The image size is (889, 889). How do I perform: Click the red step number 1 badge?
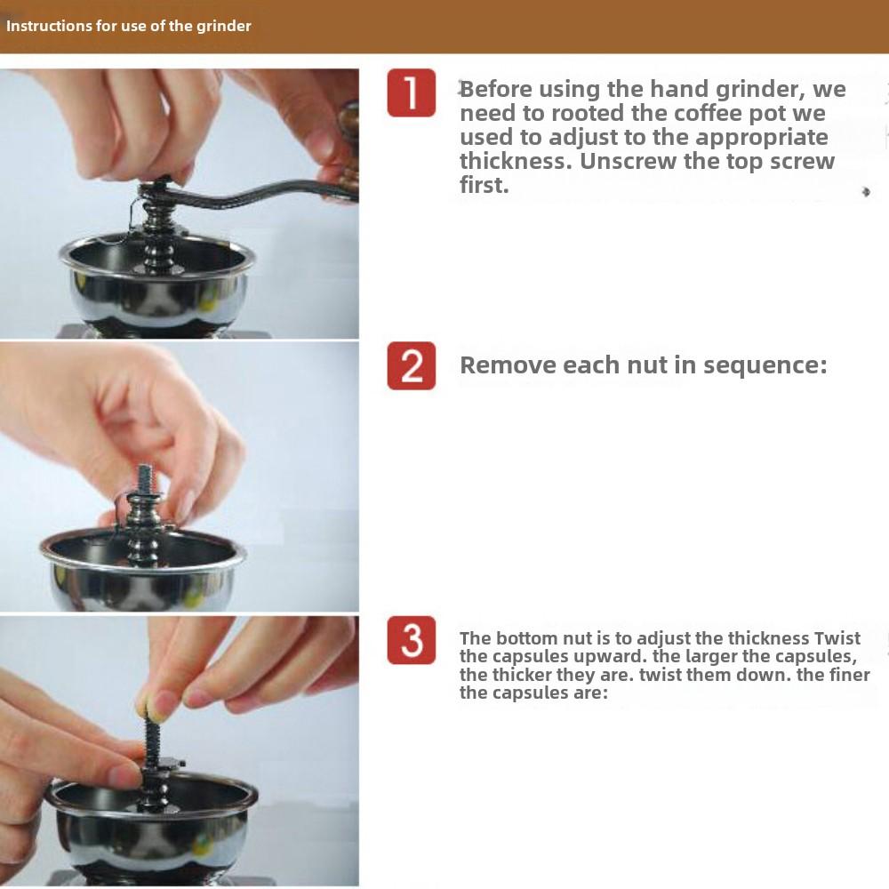coord(412,93)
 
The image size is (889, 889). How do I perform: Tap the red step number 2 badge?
coord(412,365)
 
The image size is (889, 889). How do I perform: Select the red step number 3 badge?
coord(412,640)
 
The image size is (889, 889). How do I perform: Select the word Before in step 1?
coord(503,89)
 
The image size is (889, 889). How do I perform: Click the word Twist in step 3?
coord(837,638)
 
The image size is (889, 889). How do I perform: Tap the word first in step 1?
coord(484,186)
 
